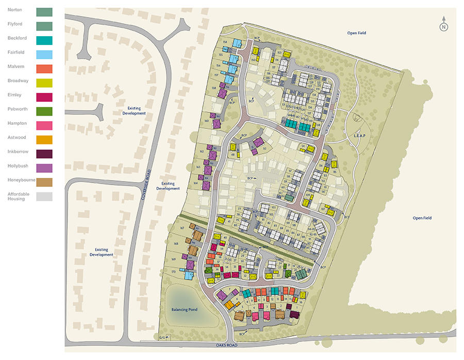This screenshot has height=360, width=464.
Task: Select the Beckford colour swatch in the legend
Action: (44, 39)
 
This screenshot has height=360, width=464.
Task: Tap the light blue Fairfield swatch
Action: (44, 54)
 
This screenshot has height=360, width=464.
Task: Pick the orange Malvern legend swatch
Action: (44, 68)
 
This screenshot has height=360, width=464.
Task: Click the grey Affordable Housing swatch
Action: (44, 196)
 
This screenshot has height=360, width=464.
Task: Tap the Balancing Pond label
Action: (185, 309)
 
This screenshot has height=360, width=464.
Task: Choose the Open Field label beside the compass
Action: (356, 33)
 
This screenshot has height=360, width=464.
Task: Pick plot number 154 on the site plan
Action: (225, 41)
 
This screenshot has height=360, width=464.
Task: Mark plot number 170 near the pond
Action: (173, 271)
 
